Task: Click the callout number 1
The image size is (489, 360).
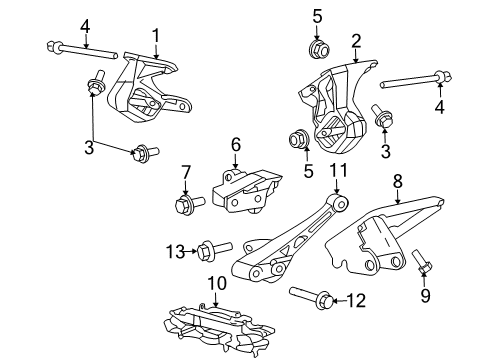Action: [x=156, y=36]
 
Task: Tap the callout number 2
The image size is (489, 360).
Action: [x=356, y=41]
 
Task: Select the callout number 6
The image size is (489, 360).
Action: [x=236, y=145]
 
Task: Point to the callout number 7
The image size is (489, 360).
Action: [x=186, y=173]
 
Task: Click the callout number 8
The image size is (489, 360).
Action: [x=398, y=182]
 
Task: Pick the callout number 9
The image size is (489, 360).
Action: [x=425, y=295]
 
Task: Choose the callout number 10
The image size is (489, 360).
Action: [x=217, y=283]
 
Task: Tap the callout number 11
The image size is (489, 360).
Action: [x=339, y=170]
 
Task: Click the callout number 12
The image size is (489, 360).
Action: [x=356, y=300]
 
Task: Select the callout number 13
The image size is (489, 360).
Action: [x=175, y=251]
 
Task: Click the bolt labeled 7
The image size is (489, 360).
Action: [x=189, y=203]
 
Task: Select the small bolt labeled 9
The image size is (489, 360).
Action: [x=422, y=261]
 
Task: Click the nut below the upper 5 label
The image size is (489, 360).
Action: [x=319, y=49]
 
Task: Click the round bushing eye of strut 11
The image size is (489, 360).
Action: [x=337, y=202]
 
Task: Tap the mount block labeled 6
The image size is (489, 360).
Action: [x=247, y=192]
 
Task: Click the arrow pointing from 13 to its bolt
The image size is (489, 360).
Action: [x=191, y=251]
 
